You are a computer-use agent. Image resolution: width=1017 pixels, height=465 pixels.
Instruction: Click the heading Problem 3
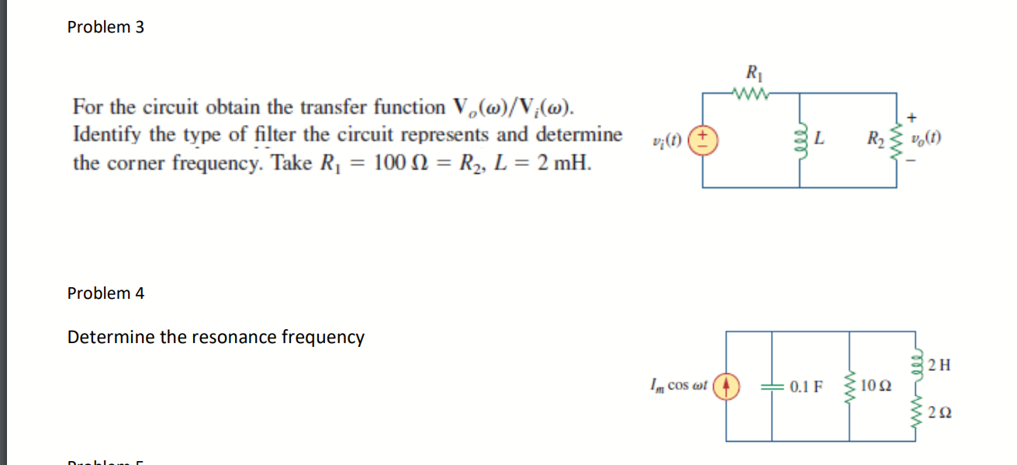click(106, 27)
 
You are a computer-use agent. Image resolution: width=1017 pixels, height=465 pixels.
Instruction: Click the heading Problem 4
click(106, 293)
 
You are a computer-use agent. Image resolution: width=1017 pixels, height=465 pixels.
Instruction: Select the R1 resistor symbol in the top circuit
click(752, 94)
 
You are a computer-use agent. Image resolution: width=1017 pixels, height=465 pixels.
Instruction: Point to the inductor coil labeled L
click(800, 141)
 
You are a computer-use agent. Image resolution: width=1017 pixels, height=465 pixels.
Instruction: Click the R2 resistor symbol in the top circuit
click(898, 141)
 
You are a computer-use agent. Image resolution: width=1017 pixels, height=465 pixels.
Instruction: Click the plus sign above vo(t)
click(911, 118)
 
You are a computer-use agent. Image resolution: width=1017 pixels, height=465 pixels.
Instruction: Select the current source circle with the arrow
click(726, 385)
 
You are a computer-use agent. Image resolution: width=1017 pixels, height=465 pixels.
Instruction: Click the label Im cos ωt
click(676, 385)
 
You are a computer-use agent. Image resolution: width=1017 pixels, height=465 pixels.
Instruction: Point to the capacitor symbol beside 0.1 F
click(773, 385)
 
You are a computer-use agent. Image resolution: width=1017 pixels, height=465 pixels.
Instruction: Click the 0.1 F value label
click(807, 385)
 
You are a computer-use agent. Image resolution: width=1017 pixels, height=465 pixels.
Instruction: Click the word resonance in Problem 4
click(239, 338)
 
